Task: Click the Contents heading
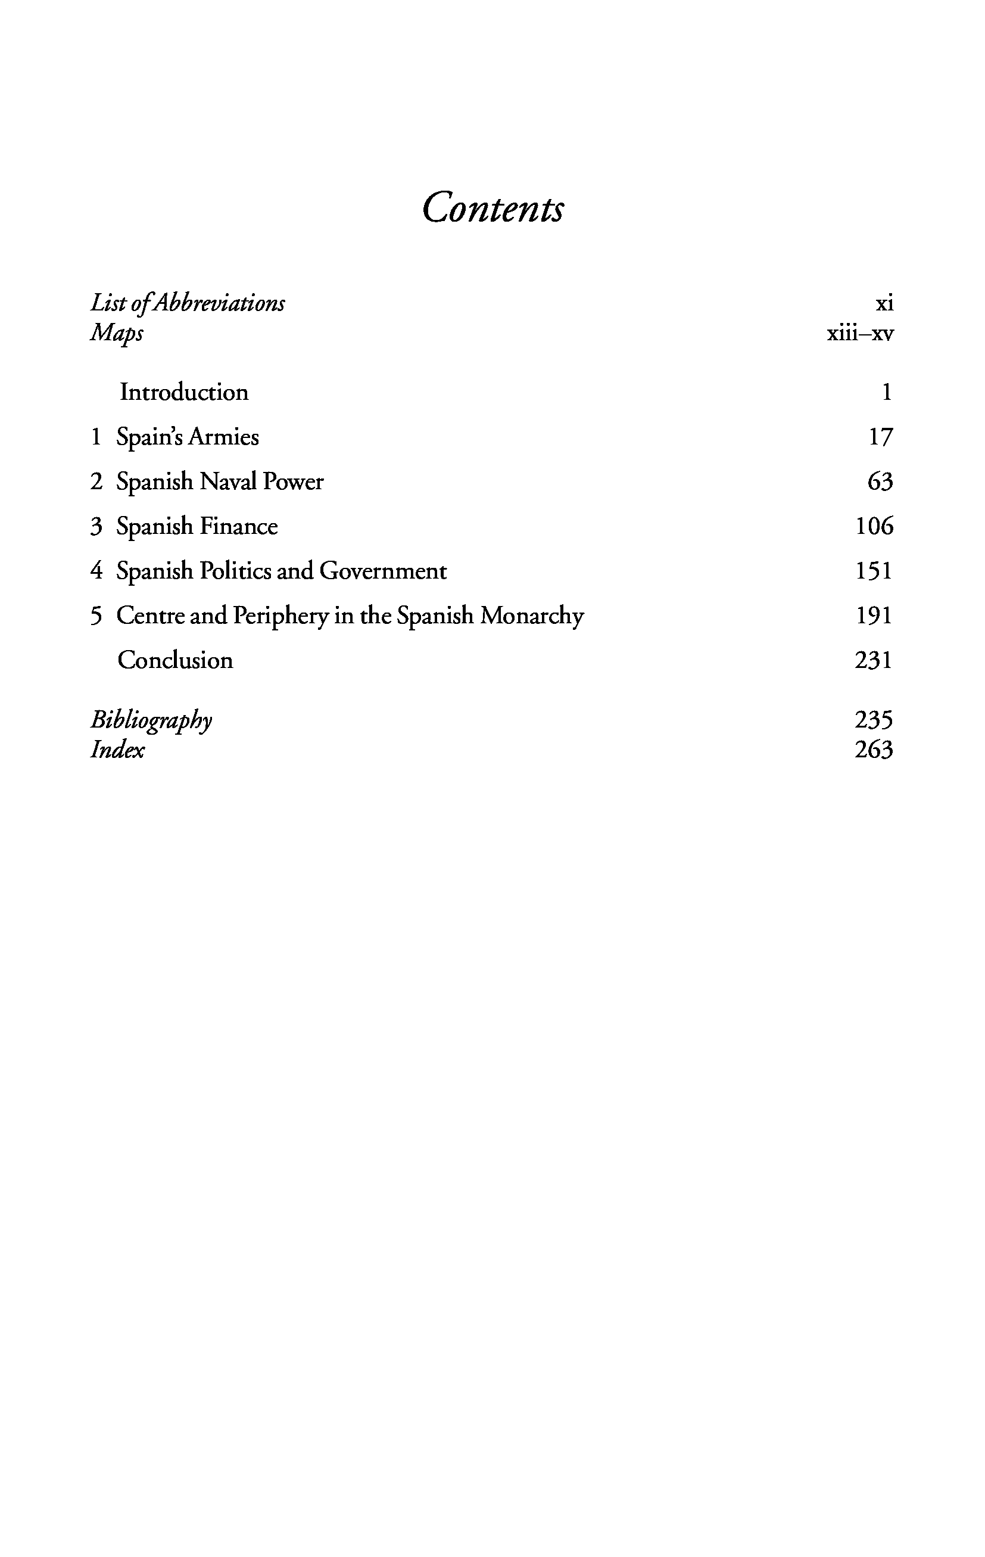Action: pyautogui.click(x=492, y=208)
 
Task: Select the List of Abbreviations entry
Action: pyautogui.click(x=188, y=303)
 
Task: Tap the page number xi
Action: pyautogui.click(x=884, y=303)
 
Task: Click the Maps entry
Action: pyautogui.click(x=116, y=334)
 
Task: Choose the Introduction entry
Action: pyautogui.click(x=183, y=393)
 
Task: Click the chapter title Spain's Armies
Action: pyautogui.click(x=188, y=438)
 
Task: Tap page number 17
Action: pyautogui.click(x=880, y=438)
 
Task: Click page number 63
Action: pyautogui.click(x=880, y=481)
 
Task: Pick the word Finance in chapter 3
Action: pyautogui.click(x=238, y=526)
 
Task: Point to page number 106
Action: pyautogui.click(x=874, y=526)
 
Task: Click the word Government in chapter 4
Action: pyautogui.click(x=382, y=571)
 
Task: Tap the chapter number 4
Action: pyautogui.click(x=96, y=571)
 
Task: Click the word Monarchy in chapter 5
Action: pyautogui.click(x=532, y=616)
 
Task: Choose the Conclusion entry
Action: pyautogui.click(x=175, y=660)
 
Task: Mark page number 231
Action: pyautogui.click(x=873, y=660)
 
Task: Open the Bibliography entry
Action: pyautogui.click(x=151, y=720)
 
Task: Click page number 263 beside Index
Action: pyautogui.click(x=873, y=750)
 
